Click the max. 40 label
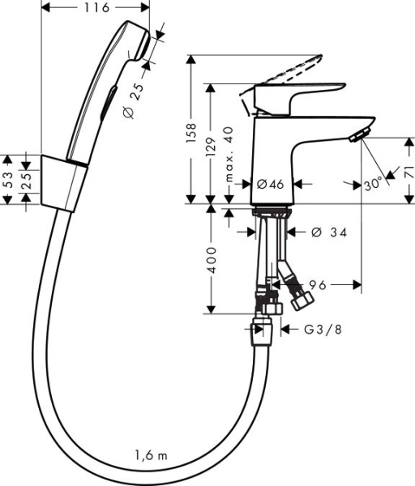[229, 154]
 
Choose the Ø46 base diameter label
[270, 184]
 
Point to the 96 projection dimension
[318, 284]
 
